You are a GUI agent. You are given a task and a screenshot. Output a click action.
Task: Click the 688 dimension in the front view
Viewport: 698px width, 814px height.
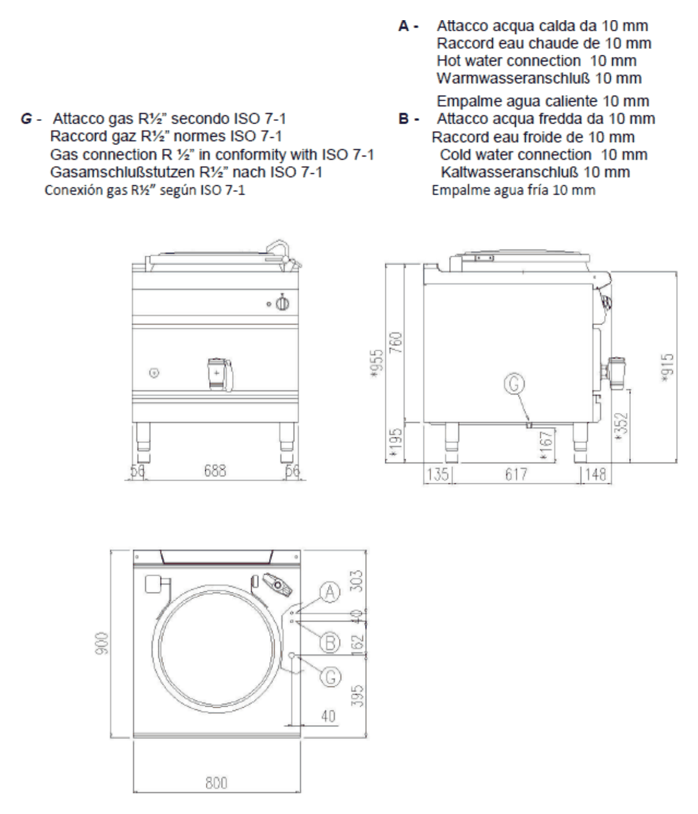pyautogui.click(x=215, y=470)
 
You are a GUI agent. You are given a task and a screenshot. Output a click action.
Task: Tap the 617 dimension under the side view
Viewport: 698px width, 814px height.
pyautogui.click(x=516, y=474)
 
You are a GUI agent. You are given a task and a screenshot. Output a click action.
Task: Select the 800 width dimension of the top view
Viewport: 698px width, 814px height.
pyautogui.click(x=216, y=783)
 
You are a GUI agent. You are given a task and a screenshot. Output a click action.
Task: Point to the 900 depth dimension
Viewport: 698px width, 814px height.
pyautogui.click(x=102, y=643)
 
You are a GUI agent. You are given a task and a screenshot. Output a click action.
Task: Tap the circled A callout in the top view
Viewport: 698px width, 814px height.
pyautogui.click(x=330, y=592)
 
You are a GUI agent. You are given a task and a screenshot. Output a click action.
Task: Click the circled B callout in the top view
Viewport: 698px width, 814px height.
pyautogui.click(x=330, y=642)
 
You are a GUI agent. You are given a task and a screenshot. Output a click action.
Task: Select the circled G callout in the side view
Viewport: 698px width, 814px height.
pyautogui.click(x=515, y=384)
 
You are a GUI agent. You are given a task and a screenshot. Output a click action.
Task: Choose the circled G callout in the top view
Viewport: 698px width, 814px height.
pyautogui.click(x=331, y=677)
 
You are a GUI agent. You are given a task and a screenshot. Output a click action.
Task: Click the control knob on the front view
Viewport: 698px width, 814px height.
pyautogui.click(x=282, y=304)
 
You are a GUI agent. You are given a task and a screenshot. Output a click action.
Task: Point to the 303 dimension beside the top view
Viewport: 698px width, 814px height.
pyautogui.click(x=356, y=581)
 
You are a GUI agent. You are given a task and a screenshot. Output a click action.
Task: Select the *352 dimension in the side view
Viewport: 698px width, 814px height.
pyautogui.click(x=621, y=427)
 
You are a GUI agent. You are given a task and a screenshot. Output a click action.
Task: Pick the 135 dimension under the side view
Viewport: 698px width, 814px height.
pyautogui.click(x=437, y=474)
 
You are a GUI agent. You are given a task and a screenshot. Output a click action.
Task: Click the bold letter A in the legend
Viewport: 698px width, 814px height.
pyautogui.click(x=403, y=26)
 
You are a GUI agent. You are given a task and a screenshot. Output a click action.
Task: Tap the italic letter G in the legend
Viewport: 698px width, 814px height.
pyautogui.click(x=26, y=119)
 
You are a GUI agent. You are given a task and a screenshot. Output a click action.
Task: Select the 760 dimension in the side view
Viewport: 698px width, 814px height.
pyautogui.click(x=397, y=342)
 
